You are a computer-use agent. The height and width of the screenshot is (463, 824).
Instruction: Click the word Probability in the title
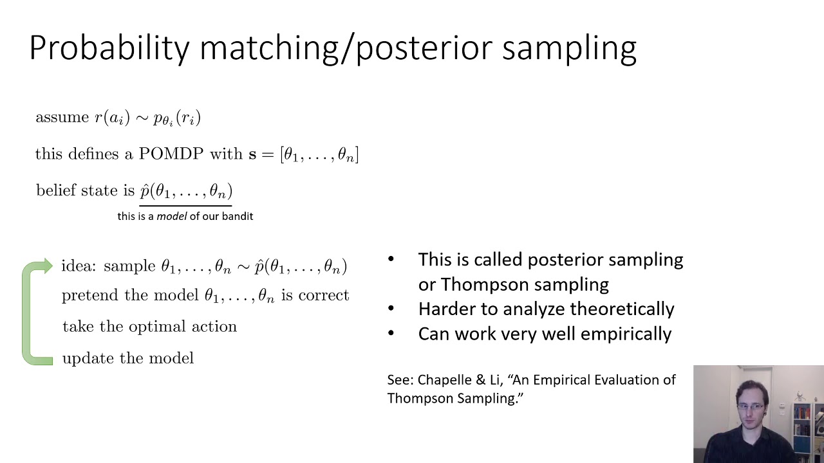pyautogui.click(x=109, y=48)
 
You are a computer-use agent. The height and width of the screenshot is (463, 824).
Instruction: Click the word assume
pyautogui.click(x=62, y=118)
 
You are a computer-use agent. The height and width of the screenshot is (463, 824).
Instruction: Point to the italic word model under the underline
pyautogui.click(x=171, y=216)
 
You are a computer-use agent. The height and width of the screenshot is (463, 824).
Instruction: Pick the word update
pyautogui.click(x=84, y=358)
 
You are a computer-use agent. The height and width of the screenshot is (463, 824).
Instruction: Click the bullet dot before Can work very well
pyautogui.click(x=391, y=334)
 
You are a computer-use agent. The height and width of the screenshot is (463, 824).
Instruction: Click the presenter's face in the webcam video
pyautogui.click(x=751, y=406)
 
